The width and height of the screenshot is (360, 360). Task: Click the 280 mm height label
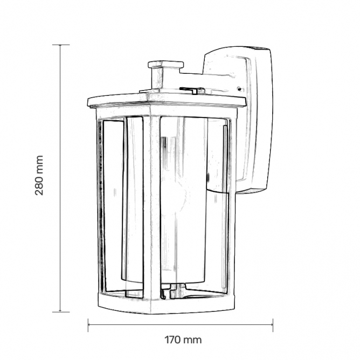pyautogui.click(x=39, y=175)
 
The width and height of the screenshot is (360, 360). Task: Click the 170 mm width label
pyautogui.click(x=183, y=340)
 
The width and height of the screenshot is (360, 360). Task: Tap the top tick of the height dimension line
pyautogui.click(x=61, y=45)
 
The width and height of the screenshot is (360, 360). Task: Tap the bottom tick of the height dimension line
pyautogui.click(x=61, y=312)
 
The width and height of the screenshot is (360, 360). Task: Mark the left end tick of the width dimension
pyautogui.click(x=88, y=325)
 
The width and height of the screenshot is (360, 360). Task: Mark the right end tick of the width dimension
pyautogui.click(x=273, y=325)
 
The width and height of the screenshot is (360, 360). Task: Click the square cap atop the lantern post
pyautogui.click(x=166, y=65)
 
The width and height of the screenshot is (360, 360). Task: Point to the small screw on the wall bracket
pyautogui.click(x=239, y=88)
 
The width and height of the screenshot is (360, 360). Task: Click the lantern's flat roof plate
pyautogui.click(x=167, y=100)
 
